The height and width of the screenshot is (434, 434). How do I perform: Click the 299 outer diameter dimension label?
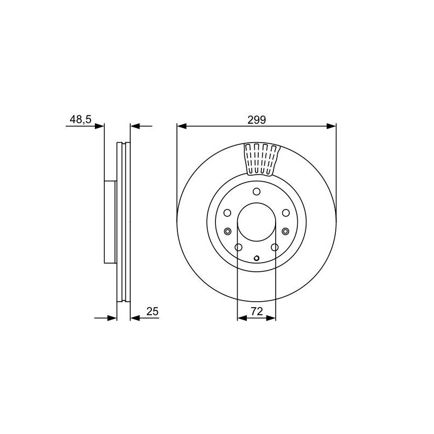tap(257, 120)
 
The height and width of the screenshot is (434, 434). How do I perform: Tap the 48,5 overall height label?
tap(80, 119)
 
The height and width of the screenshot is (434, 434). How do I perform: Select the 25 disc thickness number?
tap(152, 311)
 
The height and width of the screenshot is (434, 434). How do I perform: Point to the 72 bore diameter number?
tap(257, 311)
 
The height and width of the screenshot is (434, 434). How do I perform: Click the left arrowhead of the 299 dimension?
tap(182, 126)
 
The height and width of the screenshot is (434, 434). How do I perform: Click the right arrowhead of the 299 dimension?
tap(331, 126)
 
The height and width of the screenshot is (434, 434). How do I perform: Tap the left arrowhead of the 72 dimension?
tap(242, 318)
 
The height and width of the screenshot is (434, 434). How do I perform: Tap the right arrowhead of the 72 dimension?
tap(271, 318)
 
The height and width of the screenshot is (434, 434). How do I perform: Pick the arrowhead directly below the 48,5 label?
tap(99, 126)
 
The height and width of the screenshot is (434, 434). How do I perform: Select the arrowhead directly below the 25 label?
tap(135, 318)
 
